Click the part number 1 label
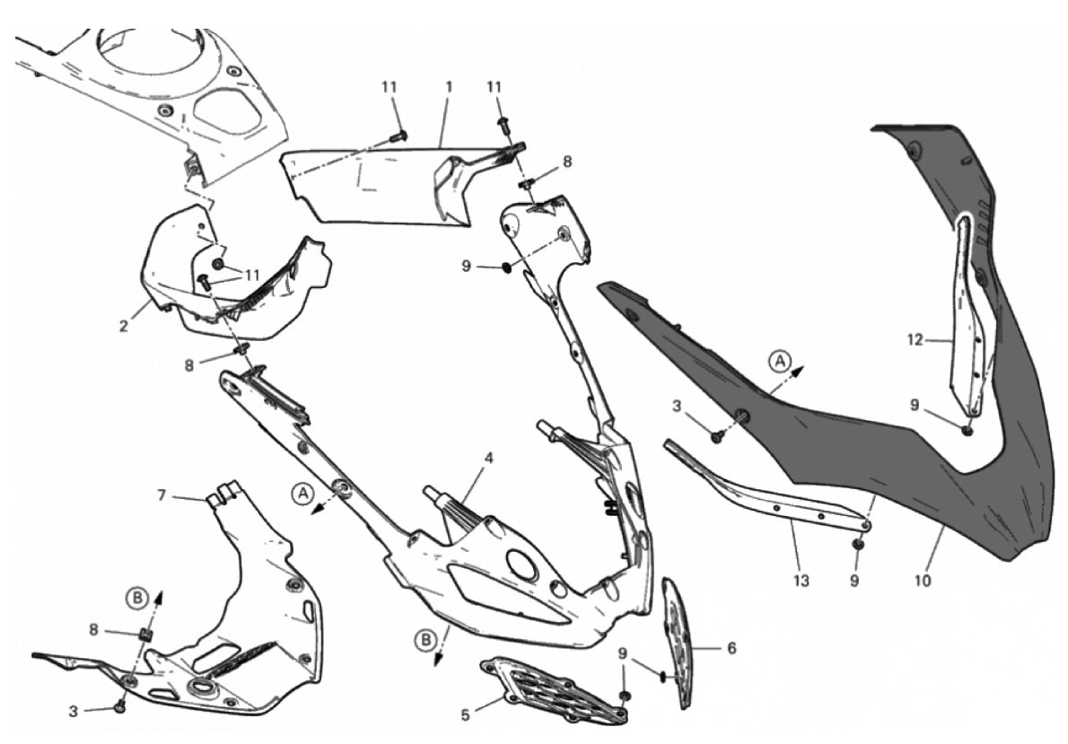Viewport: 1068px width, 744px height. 449,87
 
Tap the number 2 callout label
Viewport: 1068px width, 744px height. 123,327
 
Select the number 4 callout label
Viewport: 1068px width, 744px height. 488,458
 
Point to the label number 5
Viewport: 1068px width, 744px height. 466,714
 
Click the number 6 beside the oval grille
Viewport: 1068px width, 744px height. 731,648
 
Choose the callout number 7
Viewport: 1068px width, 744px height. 162,495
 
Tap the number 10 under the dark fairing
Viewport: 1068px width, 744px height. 923,581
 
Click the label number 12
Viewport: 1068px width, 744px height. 915,339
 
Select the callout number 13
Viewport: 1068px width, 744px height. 801,581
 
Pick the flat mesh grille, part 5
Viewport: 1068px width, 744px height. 553,689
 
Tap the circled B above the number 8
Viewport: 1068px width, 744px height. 137,599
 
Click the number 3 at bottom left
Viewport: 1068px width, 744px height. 74,712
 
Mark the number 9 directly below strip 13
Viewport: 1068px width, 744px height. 854,581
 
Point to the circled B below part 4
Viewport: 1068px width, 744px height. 425,641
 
